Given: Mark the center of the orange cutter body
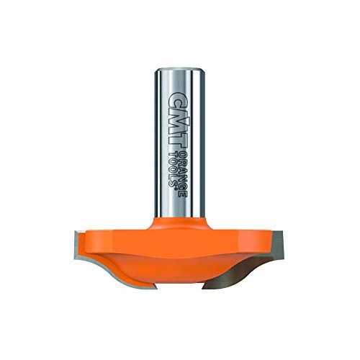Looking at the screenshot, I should pos(180,252).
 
